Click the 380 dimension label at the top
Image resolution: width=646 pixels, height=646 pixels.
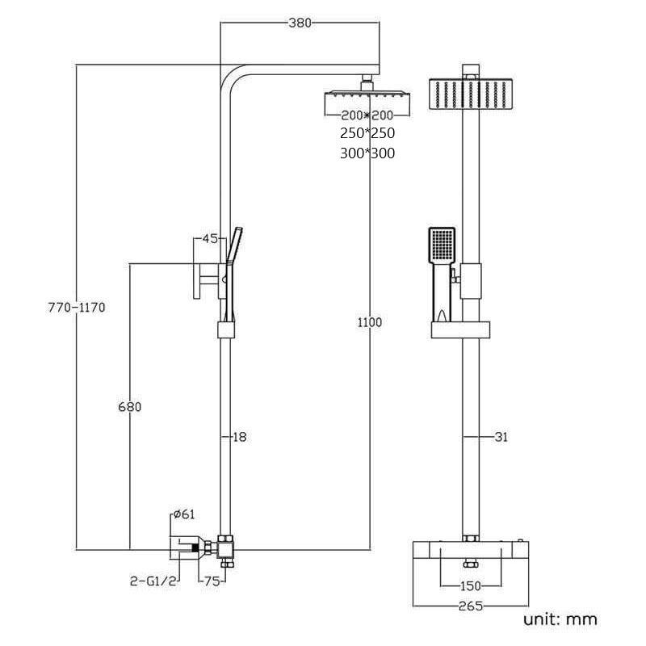tap(300, 23)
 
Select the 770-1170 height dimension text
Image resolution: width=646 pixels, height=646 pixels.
tap(77, 307)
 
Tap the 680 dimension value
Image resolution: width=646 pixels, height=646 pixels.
tap(129, 407)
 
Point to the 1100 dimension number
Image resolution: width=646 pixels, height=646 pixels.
tap(369, 323)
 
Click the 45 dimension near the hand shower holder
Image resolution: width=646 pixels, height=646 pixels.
tap(210, 238)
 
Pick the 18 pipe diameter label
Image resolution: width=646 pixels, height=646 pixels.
tap(239, 437)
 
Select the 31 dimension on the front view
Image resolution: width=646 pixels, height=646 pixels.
tap(501, 437)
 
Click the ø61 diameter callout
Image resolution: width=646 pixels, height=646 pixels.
tap(183, 514)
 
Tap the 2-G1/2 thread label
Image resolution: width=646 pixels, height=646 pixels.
tap(152, 580)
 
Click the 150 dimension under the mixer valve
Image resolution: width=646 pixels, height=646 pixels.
tap(470, 585)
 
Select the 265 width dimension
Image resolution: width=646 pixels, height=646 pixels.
tap(470, 606)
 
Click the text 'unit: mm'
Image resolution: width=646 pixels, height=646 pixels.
tap(560, 619)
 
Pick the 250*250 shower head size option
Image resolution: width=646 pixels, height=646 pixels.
tap(368, 133)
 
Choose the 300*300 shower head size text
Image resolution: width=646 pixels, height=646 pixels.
tap(368, 153)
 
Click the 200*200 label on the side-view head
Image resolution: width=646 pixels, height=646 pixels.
tap(367, 115)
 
